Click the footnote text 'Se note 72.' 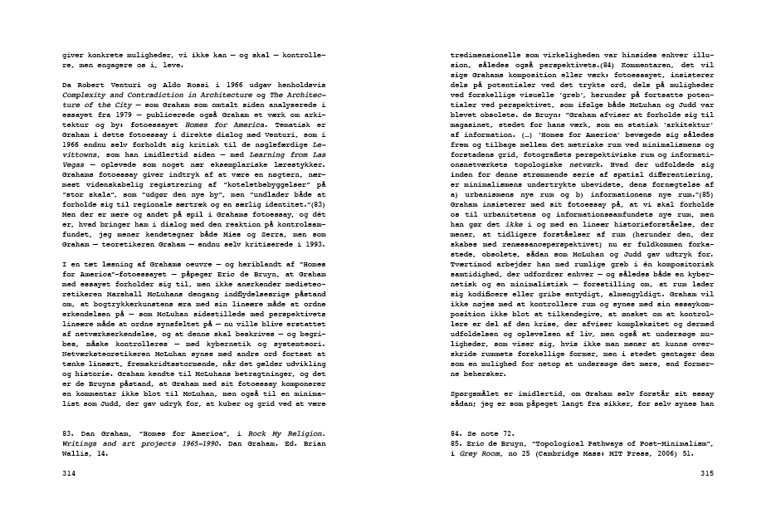click(x=482, y=434)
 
